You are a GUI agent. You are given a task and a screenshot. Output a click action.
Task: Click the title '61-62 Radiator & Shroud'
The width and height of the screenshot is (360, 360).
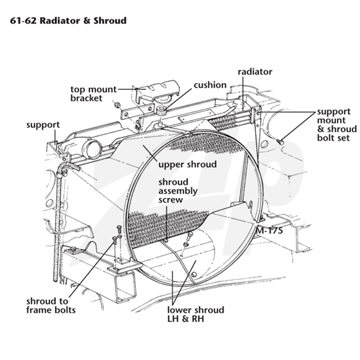point(68,21)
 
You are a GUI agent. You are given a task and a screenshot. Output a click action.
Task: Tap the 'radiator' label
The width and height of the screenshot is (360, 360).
point(255,72)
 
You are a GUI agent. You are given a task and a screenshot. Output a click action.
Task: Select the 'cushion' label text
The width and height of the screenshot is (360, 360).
point(210,85)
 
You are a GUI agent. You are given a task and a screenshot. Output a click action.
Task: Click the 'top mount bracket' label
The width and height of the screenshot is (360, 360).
point(94,94)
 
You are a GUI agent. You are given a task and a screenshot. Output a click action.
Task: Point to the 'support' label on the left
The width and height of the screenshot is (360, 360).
point(43,125)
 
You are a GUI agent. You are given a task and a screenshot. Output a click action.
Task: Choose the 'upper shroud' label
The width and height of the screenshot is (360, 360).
point(188,165)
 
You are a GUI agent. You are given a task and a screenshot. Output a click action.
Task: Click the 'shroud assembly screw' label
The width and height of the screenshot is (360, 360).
point(178,191)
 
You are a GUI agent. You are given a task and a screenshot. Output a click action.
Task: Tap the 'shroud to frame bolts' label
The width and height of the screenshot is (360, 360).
point(51,306)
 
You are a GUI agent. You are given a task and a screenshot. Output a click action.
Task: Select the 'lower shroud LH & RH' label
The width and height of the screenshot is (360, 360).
point(196,314)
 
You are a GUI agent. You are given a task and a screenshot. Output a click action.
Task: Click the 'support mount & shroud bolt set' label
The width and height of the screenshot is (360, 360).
point(337,125)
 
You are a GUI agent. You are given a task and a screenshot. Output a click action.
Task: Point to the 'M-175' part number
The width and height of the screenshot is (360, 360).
point(269,230)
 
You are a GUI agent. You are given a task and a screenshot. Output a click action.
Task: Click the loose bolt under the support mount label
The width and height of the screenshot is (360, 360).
point(280,142)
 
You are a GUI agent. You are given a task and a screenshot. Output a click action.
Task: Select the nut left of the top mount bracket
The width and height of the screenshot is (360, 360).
point(117,105)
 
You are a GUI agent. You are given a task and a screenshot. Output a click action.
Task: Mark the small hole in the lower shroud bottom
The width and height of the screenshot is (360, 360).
point(194,274)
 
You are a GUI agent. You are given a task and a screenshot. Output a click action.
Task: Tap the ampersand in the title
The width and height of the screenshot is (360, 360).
point(87,21)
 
